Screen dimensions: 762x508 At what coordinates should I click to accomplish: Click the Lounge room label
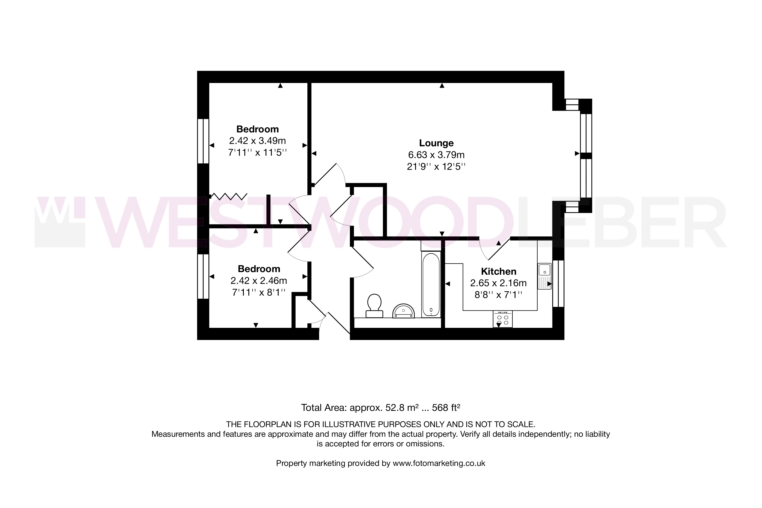coord(436,143)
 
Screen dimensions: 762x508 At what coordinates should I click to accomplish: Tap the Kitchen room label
coord(498,271)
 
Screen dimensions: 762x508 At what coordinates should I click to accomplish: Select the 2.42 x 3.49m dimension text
coord(258,141)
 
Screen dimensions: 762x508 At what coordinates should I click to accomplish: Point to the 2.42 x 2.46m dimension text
coord(258,280)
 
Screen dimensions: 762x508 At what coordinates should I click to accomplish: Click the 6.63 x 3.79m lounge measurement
coord(436,155)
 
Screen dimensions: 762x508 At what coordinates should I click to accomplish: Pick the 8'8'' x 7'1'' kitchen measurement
coord(498,295)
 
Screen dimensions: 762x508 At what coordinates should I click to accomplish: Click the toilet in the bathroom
coord(374,306)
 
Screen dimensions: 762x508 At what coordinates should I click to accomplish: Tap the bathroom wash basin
coord(403,311)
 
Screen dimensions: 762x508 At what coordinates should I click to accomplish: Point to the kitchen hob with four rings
coord(503,319)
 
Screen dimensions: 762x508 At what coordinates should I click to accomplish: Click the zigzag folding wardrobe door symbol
coord(229,196)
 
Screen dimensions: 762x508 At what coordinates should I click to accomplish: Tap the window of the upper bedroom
coord(203,141)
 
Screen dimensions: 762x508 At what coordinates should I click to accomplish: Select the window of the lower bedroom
coord(203,276)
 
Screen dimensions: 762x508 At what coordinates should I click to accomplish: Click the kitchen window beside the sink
coord(558,283)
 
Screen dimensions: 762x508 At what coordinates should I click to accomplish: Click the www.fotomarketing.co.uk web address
coord(439,463)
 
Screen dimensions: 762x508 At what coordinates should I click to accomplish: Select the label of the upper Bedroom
coord(258,129)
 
